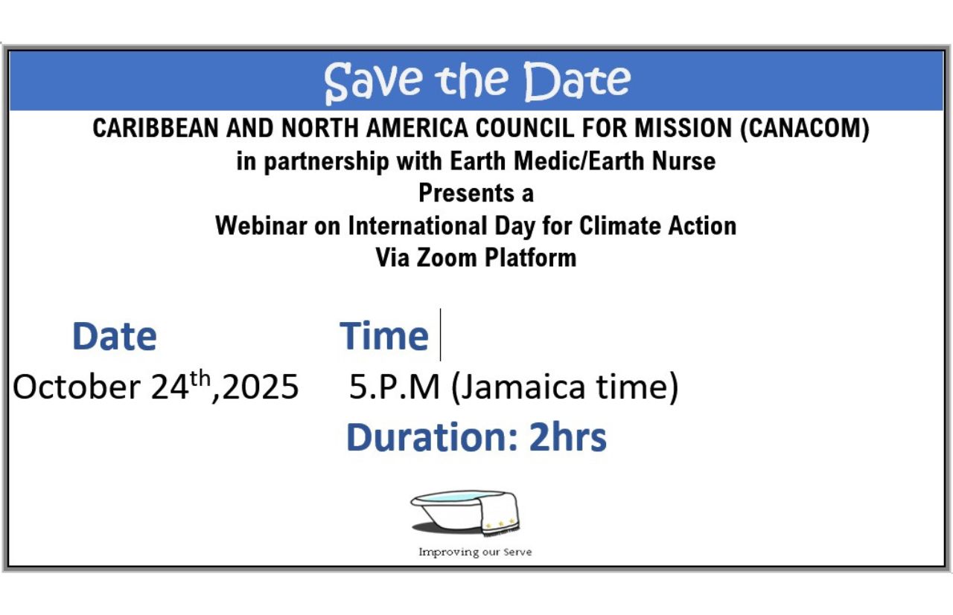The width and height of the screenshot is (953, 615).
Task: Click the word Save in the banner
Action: [374, 83]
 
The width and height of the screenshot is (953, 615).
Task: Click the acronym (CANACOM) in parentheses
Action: [805, 128]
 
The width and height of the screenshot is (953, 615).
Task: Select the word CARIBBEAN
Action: [156, 128]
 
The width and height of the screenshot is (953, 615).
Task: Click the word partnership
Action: [326, 161]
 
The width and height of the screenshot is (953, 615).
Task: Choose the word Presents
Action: [466, 193]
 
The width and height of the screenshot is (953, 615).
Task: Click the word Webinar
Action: [261, 225]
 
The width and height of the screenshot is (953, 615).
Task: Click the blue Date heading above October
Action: [115, 336]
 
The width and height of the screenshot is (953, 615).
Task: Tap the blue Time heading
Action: [384, 336]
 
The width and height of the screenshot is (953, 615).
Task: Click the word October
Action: [77, 387]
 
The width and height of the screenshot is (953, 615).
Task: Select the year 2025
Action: [261, 387]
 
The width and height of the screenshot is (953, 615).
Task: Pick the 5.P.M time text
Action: [395, 387]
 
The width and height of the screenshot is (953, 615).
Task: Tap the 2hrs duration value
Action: [567, 437]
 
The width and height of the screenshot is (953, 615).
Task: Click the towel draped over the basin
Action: [500, 514]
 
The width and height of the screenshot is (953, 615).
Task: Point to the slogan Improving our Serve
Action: [475, 552]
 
